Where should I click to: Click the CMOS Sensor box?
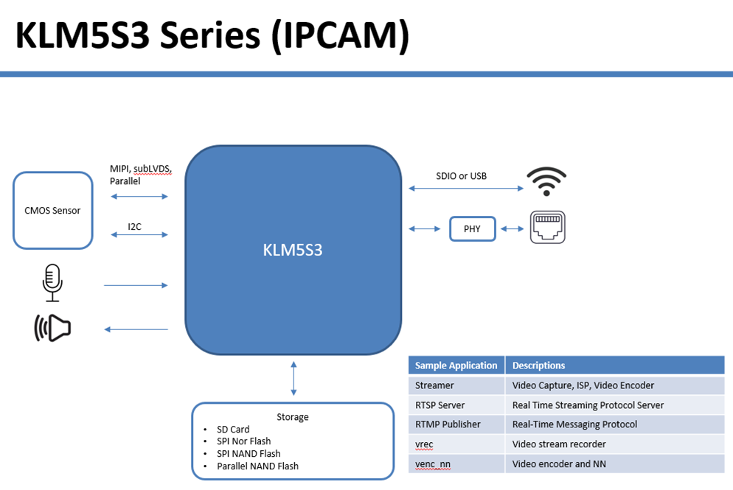point(53,211)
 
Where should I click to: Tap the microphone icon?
point(52,284)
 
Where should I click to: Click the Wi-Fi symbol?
point(546,182)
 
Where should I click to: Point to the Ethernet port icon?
point(548,228)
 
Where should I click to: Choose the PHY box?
point(472,229)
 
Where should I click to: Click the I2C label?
point(134,226)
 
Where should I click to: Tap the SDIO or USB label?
point(461,176)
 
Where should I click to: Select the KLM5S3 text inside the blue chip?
point(293,250)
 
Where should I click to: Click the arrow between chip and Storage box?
point(293,378)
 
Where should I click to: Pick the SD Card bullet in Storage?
point(233,430)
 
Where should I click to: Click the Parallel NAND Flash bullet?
point(257,466)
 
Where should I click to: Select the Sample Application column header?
point(456,365)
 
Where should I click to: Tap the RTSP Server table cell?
point(440,405)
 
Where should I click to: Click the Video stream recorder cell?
point(559,444)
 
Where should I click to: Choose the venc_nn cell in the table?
point(433,463)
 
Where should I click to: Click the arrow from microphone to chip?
point(136,285)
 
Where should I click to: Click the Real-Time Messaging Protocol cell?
point(574,424)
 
